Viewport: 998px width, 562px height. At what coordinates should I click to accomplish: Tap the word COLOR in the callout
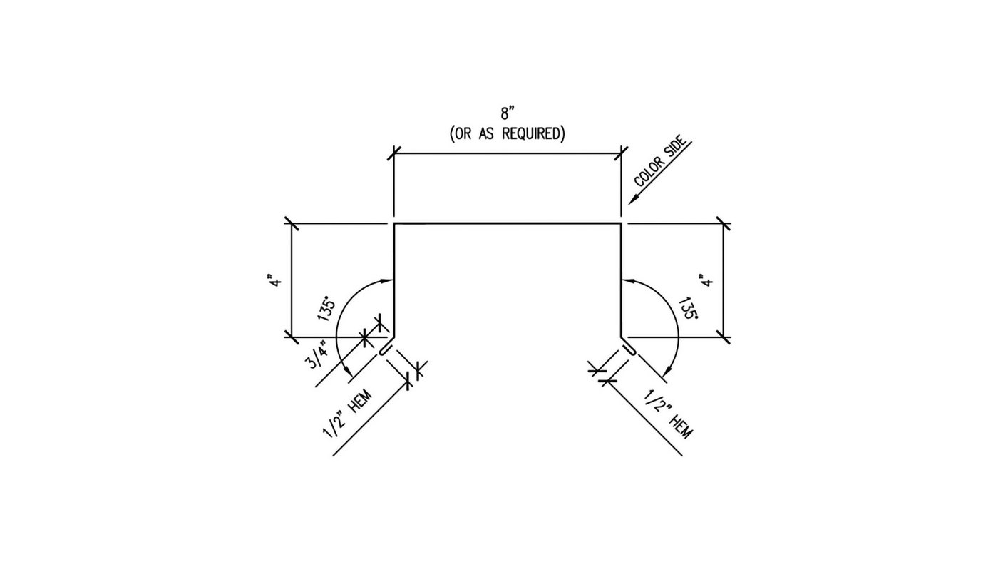click(648, 173)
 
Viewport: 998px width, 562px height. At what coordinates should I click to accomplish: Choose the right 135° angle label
click(687, 308)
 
